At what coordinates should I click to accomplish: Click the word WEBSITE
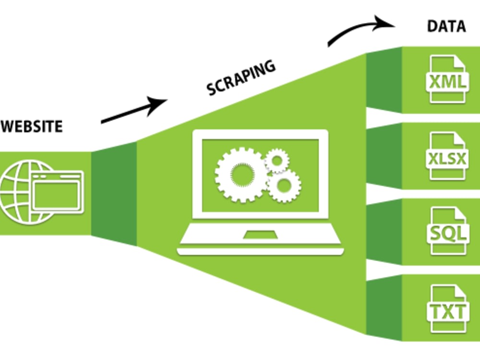(32, 126)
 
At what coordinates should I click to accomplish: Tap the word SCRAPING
(241, 77)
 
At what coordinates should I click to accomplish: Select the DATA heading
(446, 26)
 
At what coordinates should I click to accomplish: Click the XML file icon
(447, 79)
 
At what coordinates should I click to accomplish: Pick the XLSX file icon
(447, 156)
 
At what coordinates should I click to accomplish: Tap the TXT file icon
(448, 309)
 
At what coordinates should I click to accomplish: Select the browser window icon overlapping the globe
(58, 192)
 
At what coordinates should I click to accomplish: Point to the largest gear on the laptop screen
(241, 175)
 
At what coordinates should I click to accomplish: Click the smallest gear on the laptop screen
(277, 160)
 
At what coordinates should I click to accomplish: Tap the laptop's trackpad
(260, 235)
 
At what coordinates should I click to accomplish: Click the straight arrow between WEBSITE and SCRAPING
(134, 110)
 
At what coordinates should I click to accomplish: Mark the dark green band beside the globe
(114, 193)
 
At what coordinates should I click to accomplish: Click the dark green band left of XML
(384, 80)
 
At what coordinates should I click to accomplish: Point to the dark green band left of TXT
(384, 308)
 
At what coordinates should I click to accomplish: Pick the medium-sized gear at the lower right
(284, 185)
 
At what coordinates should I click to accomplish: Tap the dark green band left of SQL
(384, 232)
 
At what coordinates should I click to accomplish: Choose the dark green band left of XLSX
(384, 156)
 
